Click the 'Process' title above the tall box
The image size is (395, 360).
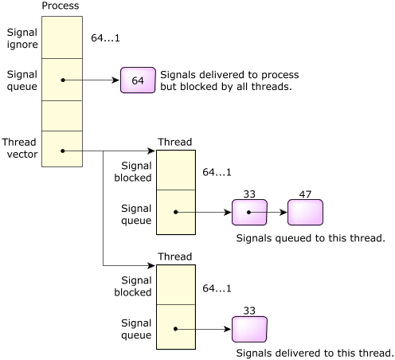pos(61,6)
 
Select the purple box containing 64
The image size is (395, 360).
pos(138,80)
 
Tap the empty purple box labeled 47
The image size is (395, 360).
pos(305,213)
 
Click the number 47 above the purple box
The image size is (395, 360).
pos(305,194)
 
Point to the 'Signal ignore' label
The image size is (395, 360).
pos(22,38)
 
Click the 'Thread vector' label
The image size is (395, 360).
pos(20,148)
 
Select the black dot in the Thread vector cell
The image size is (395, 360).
pos(63,151)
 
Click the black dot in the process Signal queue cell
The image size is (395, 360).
pos(63,80)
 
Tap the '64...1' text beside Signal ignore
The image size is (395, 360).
pos(105,38)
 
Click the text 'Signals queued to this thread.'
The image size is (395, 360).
pos(311,238)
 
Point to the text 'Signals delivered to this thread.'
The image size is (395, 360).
pos(315,353)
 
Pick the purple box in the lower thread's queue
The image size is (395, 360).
pos(249,329)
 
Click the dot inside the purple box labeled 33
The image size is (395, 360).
pos(248,212)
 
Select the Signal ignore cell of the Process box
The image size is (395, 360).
pos(62,37)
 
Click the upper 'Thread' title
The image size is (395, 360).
pos(175,142)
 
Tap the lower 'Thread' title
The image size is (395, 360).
pos(175,256)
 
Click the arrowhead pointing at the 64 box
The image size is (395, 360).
pos(115,80)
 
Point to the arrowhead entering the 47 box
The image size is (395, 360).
pos(284,213)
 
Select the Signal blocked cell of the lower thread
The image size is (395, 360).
pos(176,284)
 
